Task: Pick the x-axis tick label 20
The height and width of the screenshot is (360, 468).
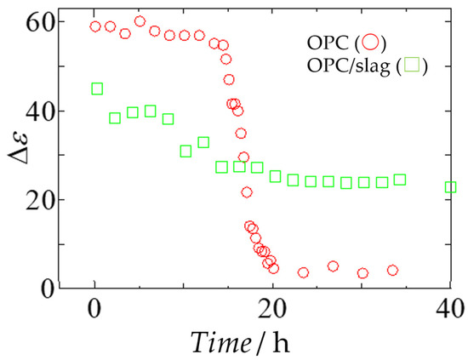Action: pos(272,311)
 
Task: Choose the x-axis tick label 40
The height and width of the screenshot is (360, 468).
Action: pos(450,311)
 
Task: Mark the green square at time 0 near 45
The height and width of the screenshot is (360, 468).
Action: pos(97,89)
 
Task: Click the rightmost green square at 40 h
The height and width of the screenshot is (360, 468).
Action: pos(450,187)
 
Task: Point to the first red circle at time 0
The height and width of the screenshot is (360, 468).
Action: pos(95,26)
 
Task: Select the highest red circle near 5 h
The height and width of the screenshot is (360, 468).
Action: pos(140,21)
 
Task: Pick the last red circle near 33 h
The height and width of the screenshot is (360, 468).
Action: pos(392,271)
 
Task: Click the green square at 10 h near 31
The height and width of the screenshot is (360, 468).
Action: pos(185,151)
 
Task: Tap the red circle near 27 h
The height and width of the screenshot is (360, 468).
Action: pos(333,266)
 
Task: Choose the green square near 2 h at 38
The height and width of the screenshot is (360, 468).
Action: pos(115,118)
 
